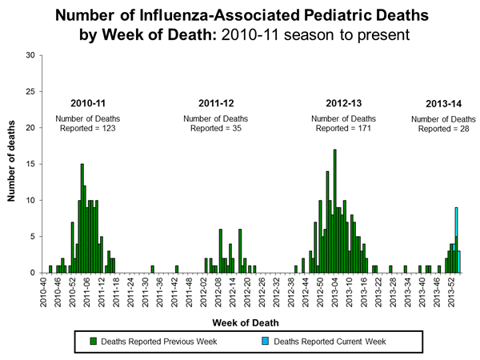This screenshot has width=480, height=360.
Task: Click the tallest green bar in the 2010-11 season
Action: tap(82, 220)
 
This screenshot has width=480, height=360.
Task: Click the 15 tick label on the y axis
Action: tap(30, 164)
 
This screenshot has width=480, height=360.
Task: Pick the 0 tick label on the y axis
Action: tap(32, 273)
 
